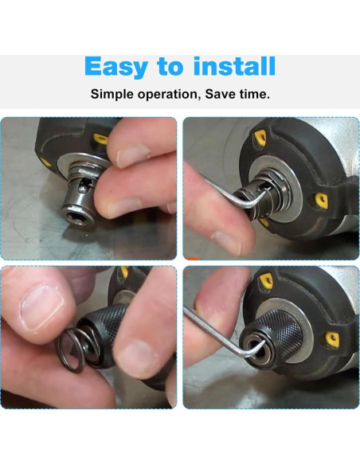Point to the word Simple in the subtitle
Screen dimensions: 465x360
(x=112, y=94)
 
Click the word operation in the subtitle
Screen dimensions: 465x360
(x=168, y=95)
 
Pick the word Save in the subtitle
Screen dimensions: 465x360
(x=220, y=94)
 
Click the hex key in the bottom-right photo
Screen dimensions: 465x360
(x=215, y=334)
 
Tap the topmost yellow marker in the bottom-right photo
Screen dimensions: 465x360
(x=260, y=275)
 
